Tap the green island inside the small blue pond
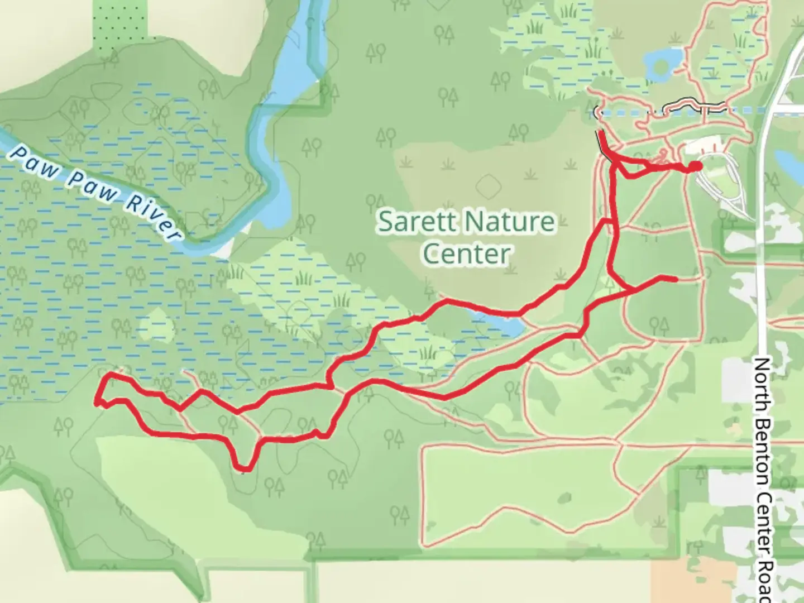pyautogui.click(x=661, y=66)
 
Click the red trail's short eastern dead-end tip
pyautogui.click(x=676, y=279)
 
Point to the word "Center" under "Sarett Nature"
pyautogui.click(x=466, y=254)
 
